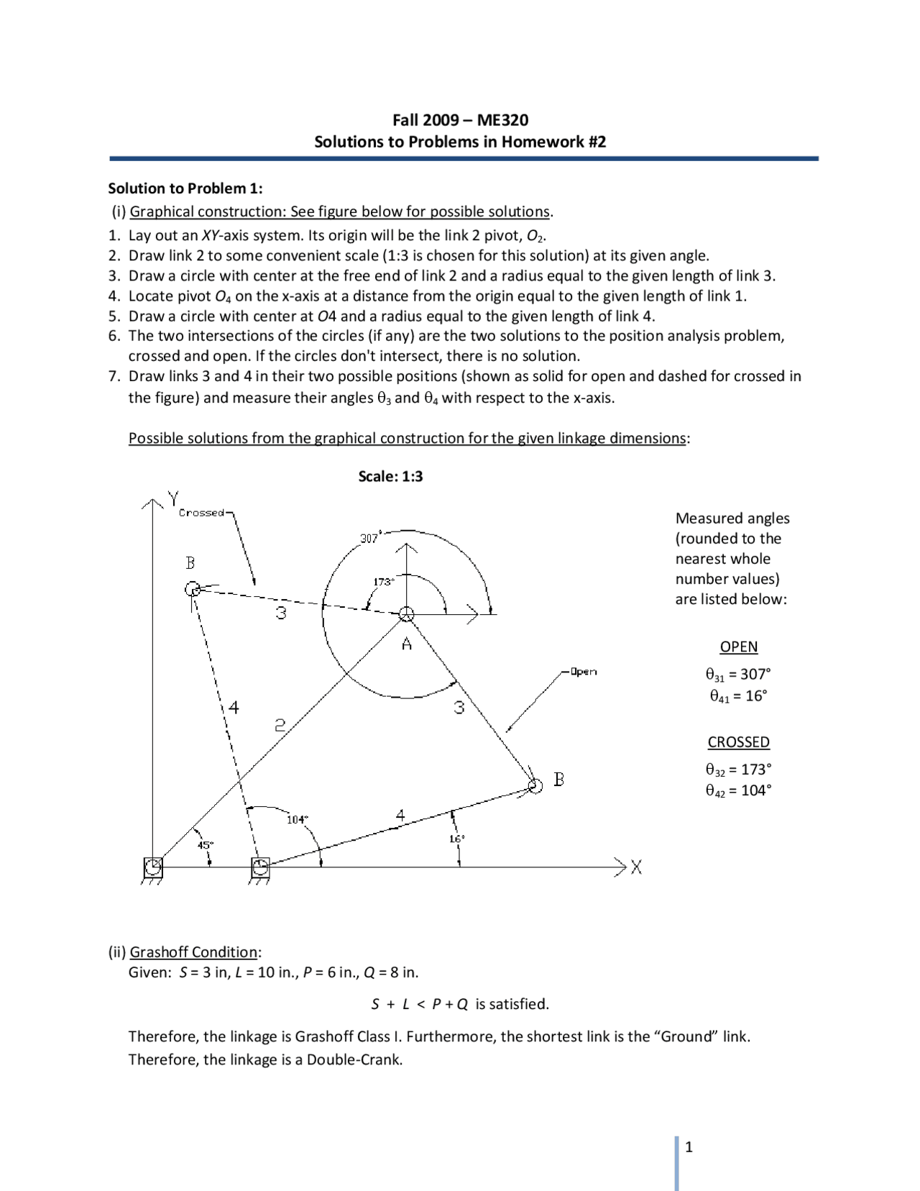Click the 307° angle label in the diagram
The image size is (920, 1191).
[369, 538]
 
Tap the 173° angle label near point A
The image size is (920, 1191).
[383, 581]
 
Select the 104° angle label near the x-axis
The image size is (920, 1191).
[297, 819]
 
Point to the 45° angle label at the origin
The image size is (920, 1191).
[206, 844]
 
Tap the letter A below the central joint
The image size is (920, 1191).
[407, 644]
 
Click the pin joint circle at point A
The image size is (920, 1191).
[407, 614]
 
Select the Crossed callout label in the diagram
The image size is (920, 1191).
[202, 513]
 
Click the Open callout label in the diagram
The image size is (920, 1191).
[583, 672]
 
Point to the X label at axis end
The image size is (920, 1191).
[636, 867]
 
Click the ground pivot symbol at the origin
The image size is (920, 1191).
[152, 868]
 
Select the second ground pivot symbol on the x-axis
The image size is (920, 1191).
[260, 868]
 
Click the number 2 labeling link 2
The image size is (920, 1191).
[280, 726]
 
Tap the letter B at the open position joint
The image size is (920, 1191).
[558, 779]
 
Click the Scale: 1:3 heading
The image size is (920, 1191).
[390, 476]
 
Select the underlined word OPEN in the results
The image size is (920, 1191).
[738, 647]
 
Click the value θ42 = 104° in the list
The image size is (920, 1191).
[738, 790]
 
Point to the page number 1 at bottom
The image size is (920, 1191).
[689, 1147]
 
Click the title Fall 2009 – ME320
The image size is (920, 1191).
[460, 120]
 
